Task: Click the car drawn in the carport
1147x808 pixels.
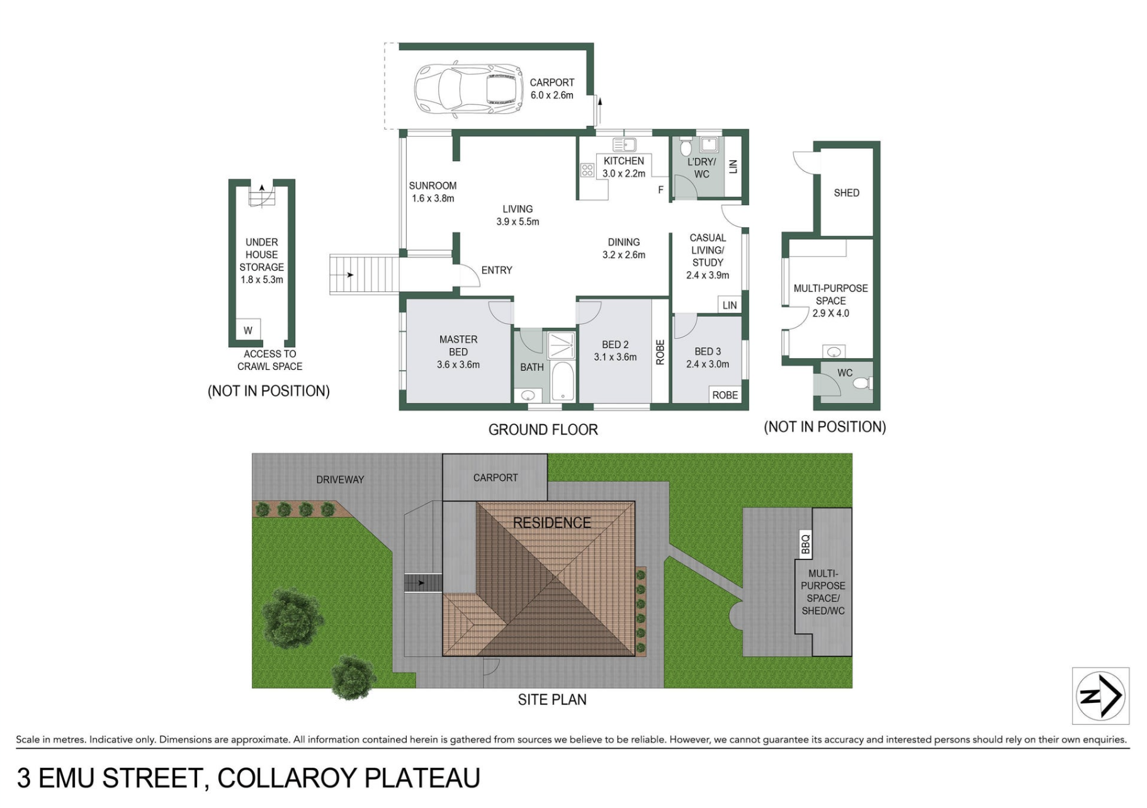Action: click(x=468, y=89)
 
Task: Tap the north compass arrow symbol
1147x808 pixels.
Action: click(x=1100, y=696)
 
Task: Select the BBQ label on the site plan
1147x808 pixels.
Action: click(x=805, y=544)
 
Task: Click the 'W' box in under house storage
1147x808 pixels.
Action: click(x=248, y=330)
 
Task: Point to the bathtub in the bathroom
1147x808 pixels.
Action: click(x=563, y=381)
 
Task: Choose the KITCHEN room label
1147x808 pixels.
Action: click(x=623, y=161)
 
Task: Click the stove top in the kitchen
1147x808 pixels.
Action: click(x=587, y=170)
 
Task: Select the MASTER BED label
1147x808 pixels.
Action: click(x=458, y=345)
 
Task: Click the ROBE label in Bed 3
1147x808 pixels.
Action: click(x=725, y=395)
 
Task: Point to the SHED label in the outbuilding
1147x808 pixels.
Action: click(x=846, y=193)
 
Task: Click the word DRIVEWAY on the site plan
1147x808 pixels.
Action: click(x=340, y=480)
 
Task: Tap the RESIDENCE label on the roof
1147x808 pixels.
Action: click(x=551, y=523)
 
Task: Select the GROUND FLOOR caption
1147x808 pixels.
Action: click(x=543, y=430)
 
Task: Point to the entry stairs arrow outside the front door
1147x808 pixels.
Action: click(x=349, y=275)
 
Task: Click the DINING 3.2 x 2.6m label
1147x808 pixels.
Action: click(x=624, y=249)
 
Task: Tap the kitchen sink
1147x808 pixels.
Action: click(x=624, y=145)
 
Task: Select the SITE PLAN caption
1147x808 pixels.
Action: click(x=552, y=700)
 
